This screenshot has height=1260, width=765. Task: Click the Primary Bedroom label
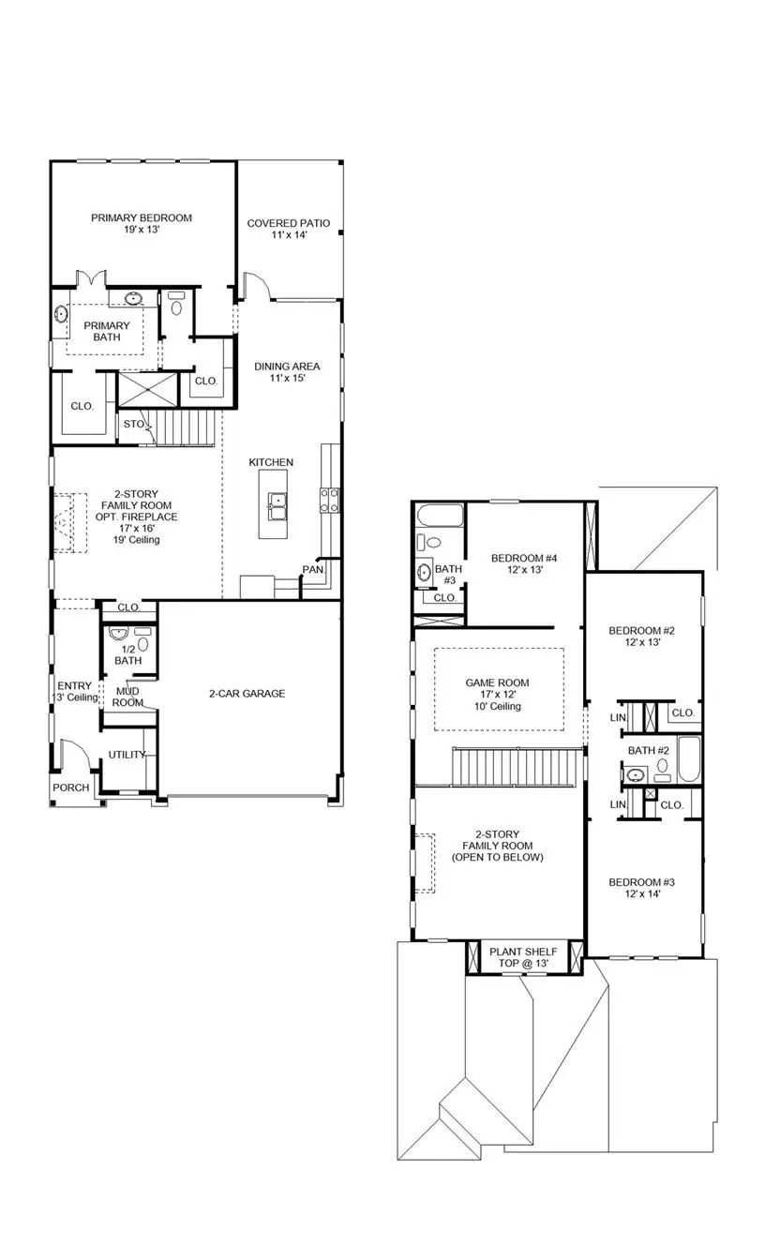point(141,224)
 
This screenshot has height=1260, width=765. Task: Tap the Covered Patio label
point(288,229)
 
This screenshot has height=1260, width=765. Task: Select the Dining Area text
point(287,372)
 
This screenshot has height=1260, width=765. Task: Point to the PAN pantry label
point(311,570)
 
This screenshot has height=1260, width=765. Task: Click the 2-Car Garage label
point(247,694)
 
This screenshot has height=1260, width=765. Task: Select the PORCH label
point(70,787)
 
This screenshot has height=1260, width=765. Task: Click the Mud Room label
point(128,697)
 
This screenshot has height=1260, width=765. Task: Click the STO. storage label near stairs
point(133,424)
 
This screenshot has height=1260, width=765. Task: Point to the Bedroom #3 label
point(642,888)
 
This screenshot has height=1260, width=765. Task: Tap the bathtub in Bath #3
point(439,516)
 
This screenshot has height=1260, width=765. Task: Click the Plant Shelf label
point(522,958)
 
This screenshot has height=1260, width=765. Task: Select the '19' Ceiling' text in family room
point(131,540)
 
